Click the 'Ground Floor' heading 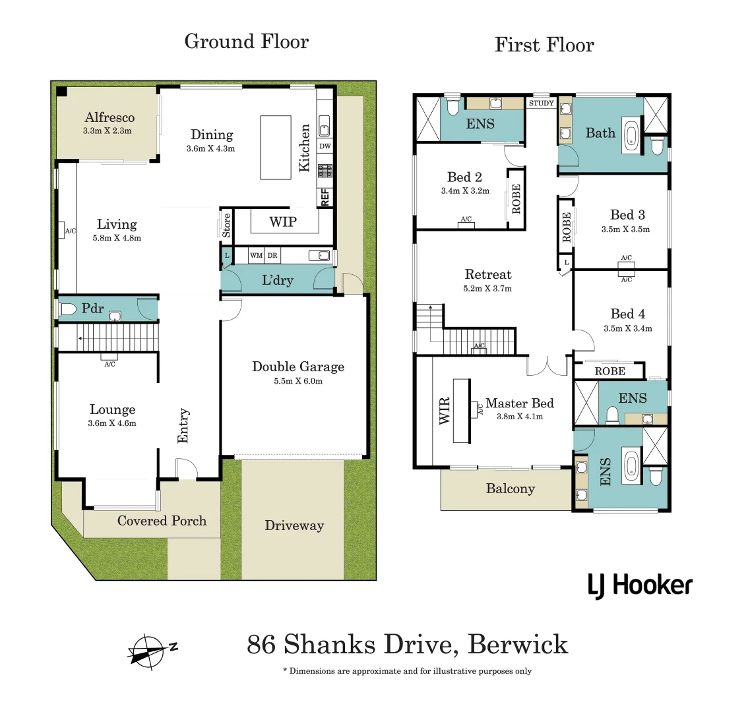pos(246,42)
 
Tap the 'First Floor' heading pos(544,45)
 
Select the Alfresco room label pos(109,117)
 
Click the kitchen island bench pos(276,147)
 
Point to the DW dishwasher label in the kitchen pos(325,146)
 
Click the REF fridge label pos(325,197)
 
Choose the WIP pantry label pos(283,222)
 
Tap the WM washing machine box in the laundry pos(256,255)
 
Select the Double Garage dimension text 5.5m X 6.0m pos(298,381)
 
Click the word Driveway pos(294,525)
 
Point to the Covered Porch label pos(162,521)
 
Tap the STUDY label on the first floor pos(541,104)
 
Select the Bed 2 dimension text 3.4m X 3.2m pos(465,191)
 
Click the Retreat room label pos(488,274)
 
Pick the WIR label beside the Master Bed pos(445,411)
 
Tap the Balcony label pos(510,489)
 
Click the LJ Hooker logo pos(640,585)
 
